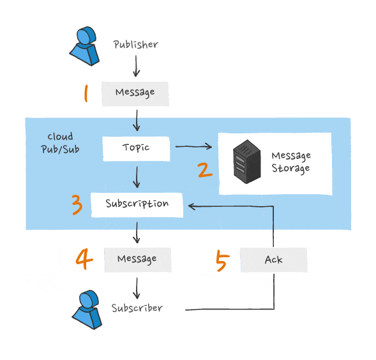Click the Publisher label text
pyautogui.click(x=135, y=45)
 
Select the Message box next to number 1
pyautogui.click(x=135, y=93)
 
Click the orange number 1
pyautogui.click(x=85, y=94)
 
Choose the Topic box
pyautogui.click(x=136, y=147)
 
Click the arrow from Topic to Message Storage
pyautogui.click(x=193, y=147)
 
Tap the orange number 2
pyautogui.click(x=204, y=170)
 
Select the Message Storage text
pyautogui.click(x=290, y=162)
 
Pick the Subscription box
pyautogui.click(x=137, y=204)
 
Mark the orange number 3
pyautogui.click(x=77, y=205)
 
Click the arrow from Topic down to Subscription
pyautogui.click(x=137, y=176)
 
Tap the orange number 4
pyautogui.click(x=84, y=259)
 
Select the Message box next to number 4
pyautogui.click(x=137, y=259)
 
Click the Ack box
pyautogui.click(x=273, y=260)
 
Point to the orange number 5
pyautogui.click(x=222, y=260)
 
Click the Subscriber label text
pyautogui.click(x=137, y=308)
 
